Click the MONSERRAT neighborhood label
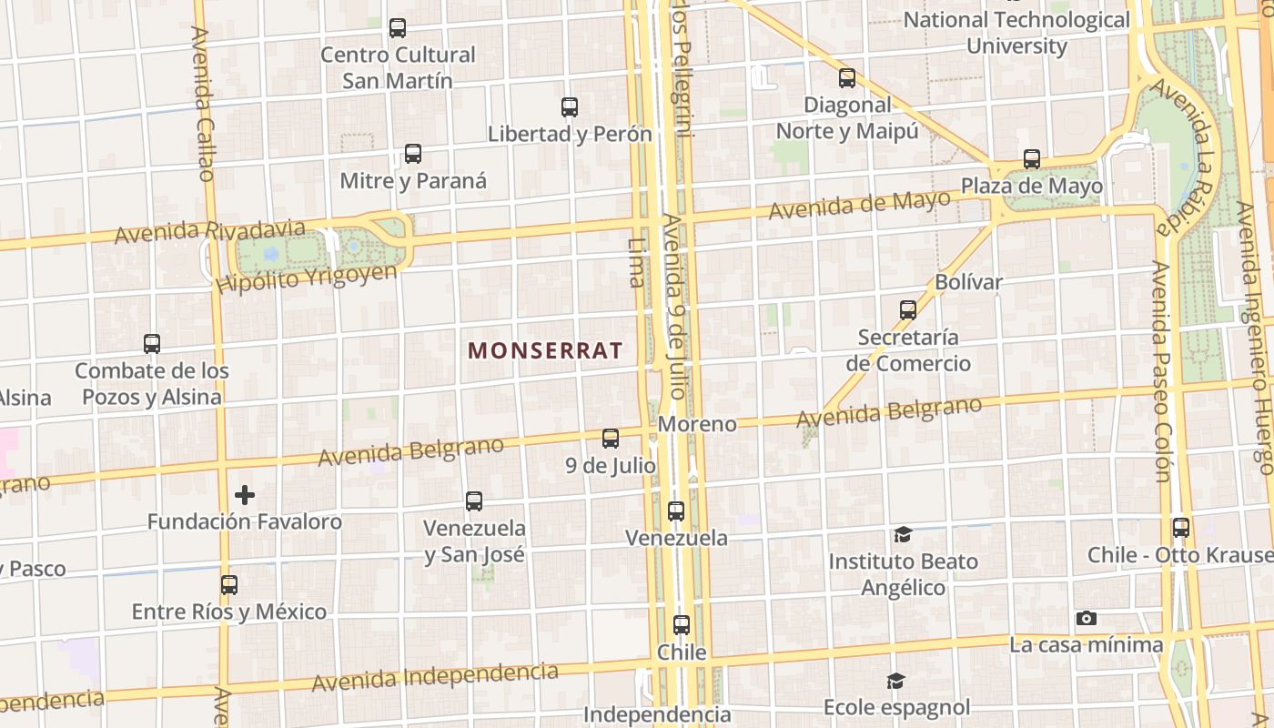(x=545, y=350)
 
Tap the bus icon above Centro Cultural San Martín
(x=398, y=28)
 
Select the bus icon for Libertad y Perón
(x=570, y=107)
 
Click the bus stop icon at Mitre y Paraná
(x=413, y=154)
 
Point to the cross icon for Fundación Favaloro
(x=245, y=495)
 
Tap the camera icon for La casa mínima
(x=1086, y=619)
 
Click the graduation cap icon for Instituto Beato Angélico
(x=903, y=534)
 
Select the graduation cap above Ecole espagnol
(x=896, y=681)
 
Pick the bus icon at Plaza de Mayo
(x=1032, y=159)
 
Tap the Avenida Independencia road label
(x=435, y=676)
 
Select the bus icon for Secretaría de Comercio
(x=907, y=310)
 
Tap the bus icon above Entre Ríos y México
(x=229, y=584)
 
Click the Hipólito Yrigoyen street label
(x=307, y=278)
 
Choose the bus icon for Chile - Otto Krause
(x=1181, y=528)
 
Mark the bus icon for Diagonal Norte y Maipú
(x=847, y=78)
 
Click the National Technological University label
(x=1016, y=32)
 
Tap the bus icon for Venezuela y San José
(x=474, y=500)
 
